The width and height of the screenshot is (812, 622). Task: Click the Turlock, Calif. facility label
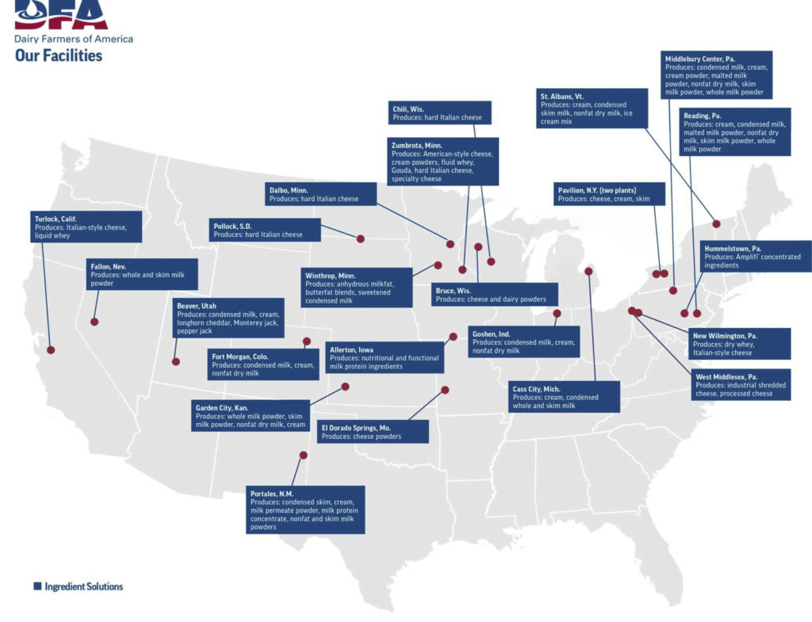(x=86, y=227)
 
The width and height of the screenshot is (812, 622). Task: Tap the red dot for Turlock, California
(x=52, y=349)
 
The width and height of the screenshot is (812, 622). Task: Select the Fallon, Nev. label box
(x=142, y=274)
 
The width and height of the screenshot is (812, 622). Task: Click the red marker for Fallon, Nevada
(x=94, y=322)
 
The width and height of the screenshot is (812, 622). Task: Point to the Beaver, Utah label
(x=228, y=318)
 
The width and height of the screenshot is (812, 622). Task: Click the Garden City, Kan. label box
(x=251, y=416)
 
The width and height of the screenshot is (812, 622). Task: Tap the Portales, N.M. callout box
(x=306, y=509)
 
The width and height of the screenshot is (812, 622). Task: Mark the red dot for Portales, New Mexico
(x=303, y=455)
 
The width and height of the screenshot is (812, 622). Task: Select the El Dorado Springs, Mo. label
(x=373, y=432)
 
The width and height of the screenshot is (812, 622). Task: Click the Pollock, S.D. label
(x=266, y=230)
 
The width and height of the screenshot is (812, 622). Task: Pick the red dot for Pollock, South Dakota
(x=360, y=238)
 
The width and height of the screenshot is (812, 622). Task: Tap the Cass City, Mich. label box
(x=564, y=396)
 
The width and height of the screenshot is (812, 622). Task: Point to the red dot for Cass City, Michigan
(x=588, y=271)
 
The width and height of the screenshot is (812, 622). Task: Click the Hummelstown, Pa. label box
(x=756, y=256)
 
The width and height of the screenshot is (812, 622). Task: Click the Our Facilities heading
(x=59, y=55)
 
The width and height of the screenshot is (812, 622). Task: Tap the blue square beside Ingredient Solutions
(x=37, y=586)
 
